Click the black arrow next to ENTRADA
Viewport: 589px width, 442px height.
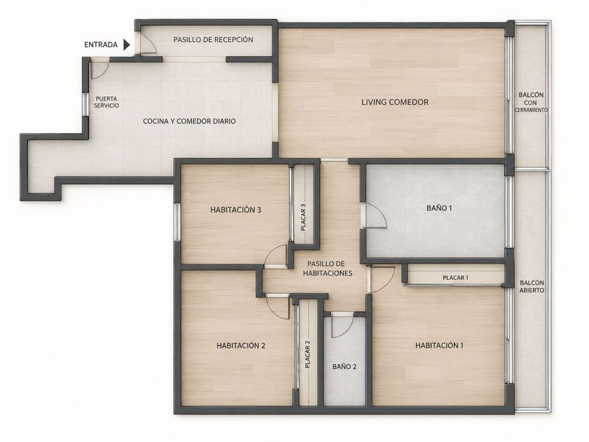coord(127,45)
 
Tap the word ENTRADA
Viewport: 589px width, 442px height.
coord(101,45)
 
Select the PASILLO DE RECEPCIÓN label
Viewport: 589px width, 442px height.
coord(213,39)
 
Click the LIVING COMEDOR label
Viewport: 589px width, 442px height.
coord(395,102)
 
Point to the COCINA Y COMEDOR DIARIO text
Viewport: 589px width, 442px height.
coord(189,121)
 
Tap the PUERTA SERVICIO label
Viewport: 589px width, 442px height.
coord(107,102)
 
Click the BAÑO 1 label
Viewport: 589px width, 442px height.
coord(439,208)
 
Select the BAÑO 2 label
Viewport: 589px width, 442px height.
coord(344,366)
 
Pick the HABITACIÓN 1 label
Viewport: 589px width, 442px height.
coord(439,345)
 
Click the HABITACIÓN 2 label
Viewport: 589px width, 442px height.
coord(241,345)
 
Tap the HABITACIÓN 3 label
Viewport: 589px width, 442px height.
coord(236,210)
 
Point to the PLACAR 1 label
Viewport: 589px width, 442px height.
coord(455,278)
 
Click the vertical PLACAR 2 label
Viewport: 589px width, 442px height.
coord(308,354)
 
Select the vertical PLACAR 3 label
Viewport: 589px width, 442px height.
coord(304,217)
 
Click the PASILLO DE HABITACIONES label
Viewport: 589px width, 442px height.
coord(327,268)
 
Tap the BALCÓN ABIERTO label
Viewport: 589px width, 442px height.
coord(532,286)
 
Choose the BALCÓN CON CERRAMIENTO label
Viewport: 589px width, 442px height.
coord(531,102)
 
